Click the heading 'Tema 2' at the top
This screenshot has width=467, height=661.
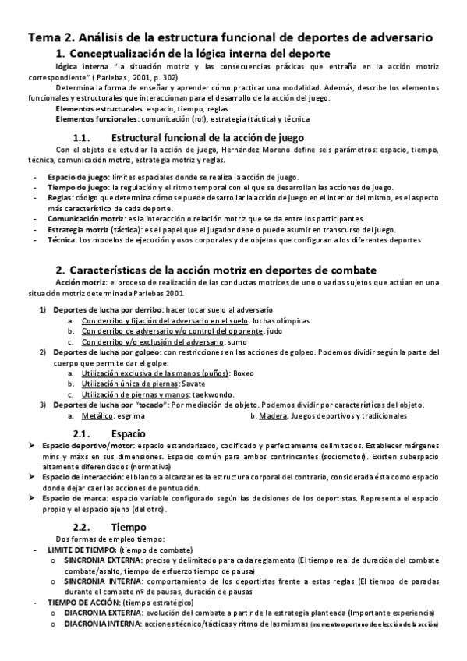click(x=54, y=37)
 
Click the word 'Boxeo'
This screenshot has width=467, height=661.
click(x=244, y=373)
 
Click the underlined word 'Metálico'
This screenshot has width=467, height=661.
click(x=97, y=415)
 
